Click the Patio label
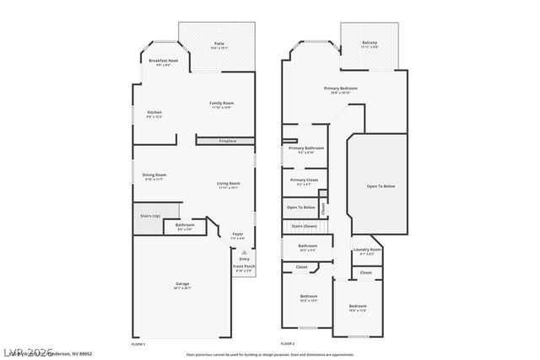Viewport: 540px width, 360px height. pos(219,43)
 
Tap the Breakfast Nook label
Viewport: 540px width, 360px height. pos(164,61)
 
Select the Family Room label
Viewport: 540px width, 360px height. pos(221,103)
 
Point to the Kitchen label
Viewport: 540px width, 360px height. pos(154,112)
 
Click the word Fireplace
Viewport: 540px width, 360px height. pos(228,141)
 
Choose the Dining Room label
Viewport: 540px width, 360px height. pos(154,175)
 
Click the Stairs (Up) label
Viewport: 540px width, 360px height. pos(150,216)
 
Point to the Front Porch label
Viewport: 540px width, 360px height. pos(244,266)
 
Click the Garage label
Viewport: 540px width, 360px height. pos(182,284)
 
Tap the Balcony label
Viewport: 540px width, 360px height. pos(370,42)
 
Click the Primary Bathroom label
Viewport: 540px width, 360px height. pos(306,148)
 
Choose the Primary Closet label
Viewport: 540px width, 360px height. pos(304,180)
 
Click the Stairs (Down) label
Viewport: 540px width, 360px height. pos(304,226)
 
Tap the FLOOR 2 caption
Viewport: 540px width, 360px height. pos(288,344)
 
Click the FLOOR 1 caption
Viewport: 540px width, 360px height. pos(138,344)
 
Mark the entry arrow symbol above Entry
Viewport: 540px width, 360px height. pos(245,252)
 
